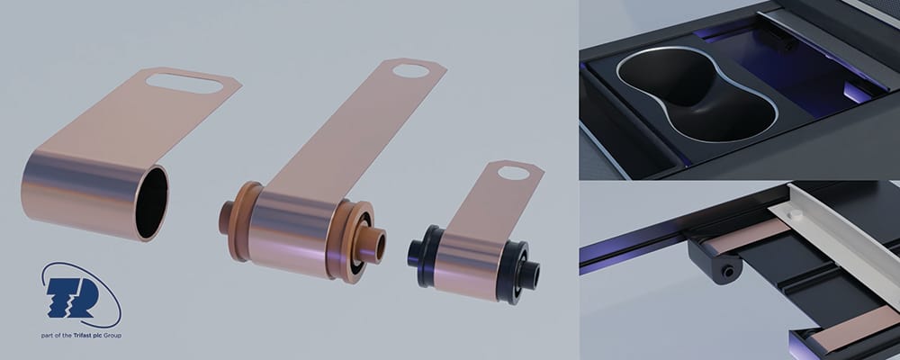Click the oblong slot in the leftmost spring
[x=184, y=83]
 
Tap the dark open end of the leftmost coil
[x=152, y=202]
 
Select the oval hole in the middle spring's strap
[x=410, y=70]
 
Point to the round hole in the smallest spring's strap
[x=513, y=172]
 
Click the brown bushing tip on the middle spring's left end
[x=226, y=218]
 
